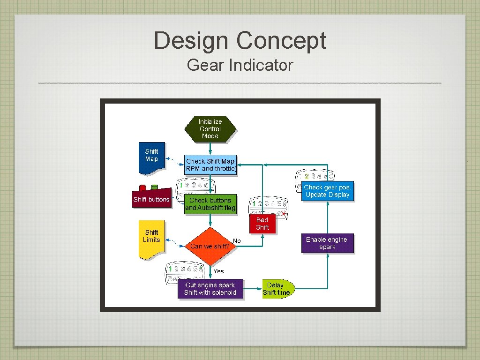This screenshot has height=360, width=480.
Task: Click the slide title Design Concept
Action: point(240,40)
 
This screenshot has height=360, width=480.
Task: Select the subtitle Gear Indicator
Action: point(240,65)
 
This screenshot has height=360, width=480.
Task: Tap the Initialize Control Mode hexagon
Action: point(210,129)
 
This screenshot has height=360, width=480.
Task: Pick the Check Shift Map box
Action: point(210,165)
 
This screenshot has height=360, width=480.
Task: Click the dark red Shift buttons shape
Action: point(151,197)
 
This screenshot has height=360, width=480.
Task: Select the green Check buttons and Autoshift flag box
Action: point(210,204)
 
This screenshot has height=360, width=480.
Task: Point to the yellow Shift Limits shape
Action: point(151,238)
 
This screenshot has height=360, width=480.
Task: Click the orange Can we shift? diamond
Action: point(210,246)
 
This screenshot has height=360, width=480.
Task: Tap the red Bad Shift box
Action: point(262,224)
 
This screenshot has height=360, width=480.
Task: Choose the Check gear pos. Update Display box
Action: point(327,191)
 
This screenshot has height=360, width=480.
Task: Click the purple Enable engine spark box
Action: point(327,243)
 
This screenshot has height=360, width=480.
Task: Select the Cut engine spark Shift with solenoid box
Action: point(210,289)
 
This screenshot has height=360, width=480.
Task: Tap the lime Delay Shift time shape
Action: point(277,289)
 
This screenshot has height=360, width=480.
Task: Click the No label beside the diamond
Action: point(237,241)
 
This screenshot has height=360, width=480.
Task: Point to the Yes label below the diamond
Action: point(218,271)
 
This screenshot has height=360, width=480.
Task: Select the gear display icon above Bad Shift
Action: point(268,205)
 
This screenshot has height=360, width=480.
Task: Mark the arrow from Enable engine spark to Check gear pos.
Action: point(327,218)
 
